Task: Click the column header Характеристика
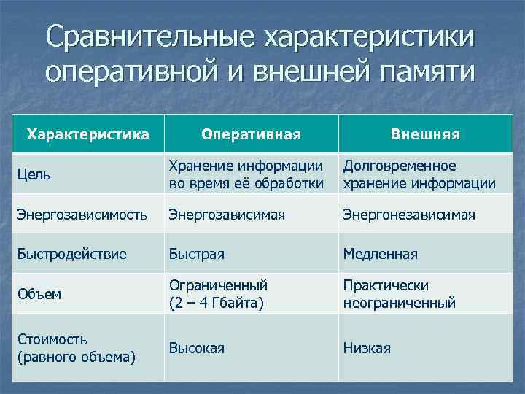click(x=87, y=134)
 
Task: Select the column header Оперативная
click(x=251, y=134)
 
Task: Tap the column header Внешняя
click(x=425, y=134)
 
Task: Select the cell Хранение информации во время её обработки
click(x=246, y=175)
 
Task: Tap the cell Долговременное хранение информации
click(x=419, y=175)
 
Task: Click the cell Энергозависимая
click(x=227, y=215)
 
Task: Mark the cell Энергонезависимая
click(x=409, y=215)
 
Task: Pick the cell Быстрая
click(x=196, y=254)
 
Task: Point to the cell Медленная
click(x=381, y=254)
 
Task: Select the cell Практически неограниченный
click(x=399, y=294)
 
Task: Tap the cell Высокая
click(x=196, y=348)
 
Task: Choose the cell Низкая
click(x=367, y=348)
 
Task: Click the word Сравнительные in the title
click(x=148, y=37)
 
